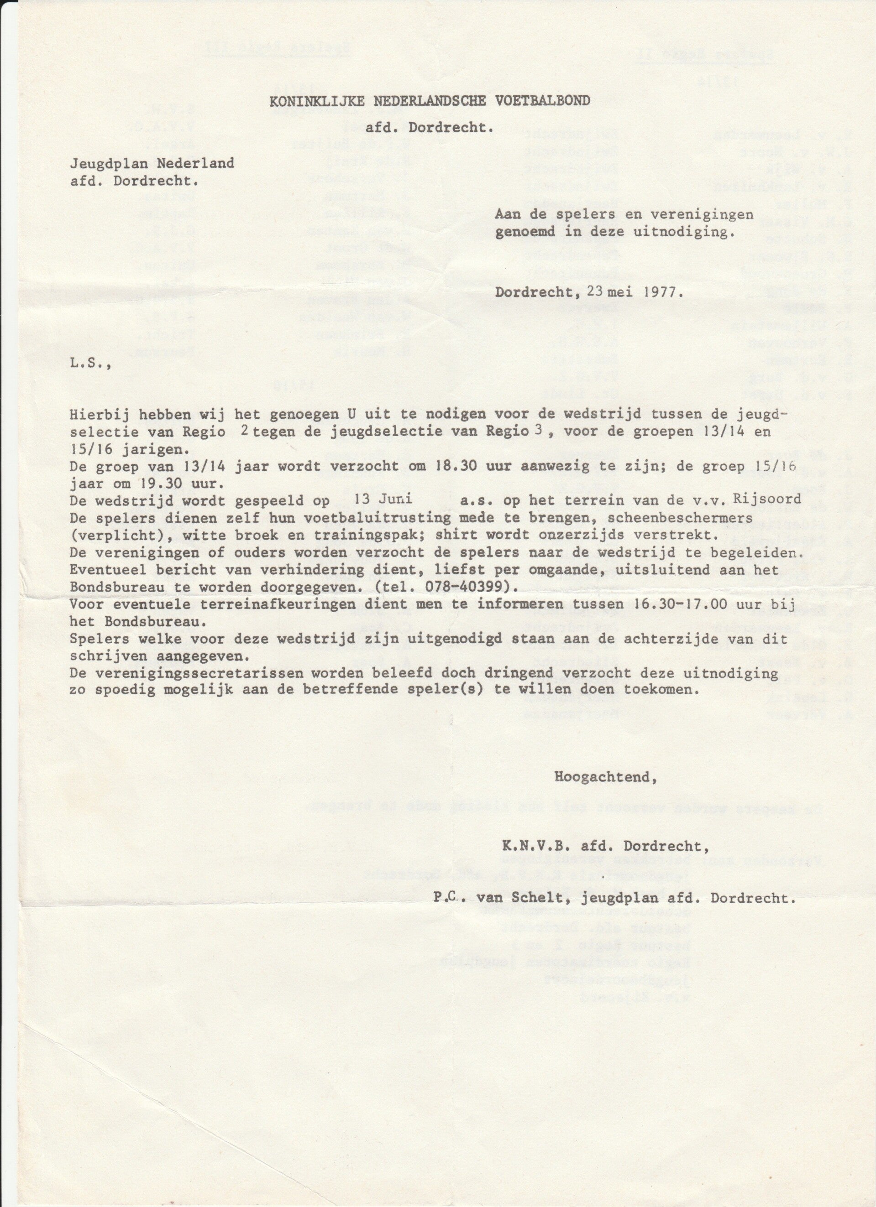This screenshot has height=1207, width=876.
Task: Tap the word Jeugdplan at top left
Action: pyautogui.click(x=106, y=163)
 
